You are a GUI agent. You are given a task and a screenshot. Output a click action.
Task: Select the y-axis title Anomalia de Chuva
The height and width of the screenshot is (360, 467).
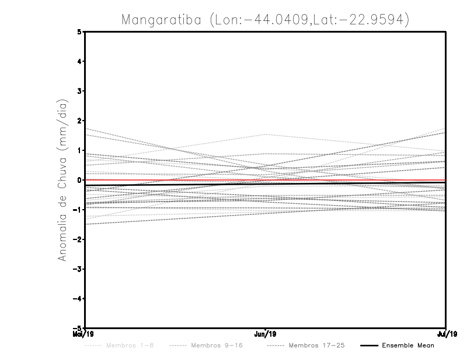pyautogui.click(x=62, y=179)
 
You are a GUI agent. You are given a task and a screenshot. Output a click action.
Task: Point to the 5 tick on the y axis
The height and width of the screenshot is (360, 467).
pyautogui.click(x=79, y=31)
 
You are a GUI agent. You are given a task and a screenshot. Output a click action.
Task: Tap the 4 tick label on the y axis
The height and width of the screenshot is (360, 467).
pyautogui.click(x=79, y=61)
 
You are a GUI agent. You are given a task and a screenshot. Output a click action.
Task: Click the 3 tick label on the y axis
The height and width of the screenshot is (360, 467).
pyautogui.click(x=79, y=91)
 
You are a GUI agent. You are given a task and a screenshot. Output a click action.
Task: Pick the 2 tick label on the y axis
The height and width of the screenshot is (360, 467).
pyautogui.click(x=79, y=121)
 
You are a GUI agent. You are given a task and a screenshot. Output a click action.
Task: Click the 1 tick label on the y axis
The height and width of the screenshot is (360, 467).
pyautogui.click(x=79, y=150)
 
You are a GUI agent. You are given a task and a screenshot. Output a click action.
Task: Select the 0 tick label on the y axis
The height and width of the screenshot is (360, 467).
pyautogui.click(x=79, y=180)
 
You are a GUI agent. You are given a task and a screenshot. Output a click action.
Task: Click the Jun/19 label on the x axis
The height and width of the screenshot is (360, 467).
pyautogui.click(x=266, y=334)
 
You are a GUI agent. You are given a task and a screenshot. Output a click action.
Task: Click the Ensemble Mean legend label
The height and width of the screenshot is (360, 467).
pyautogui.click(x=407, y=345)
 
